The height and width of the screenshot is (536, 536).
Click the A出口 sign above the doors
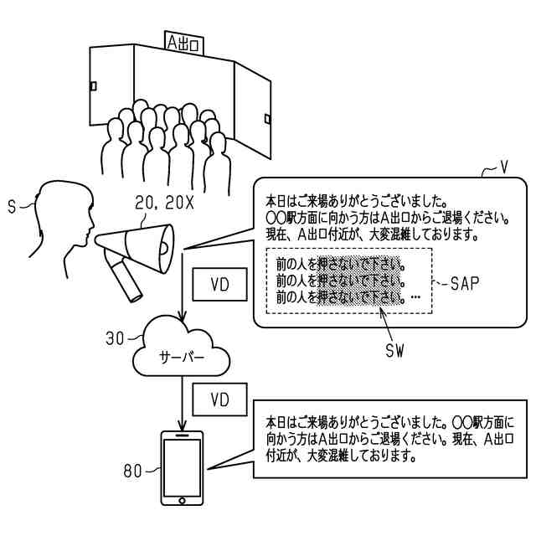pos(184,43)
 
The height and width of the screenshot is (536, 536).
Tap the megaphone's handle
pos(125,281)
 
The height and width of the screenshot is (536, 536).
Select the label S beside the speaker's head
pos(12,207)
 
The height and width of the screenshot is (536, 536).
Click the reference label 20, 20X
pos(164,204)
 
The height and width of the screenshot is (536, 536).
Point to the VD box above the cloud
pos(219,285)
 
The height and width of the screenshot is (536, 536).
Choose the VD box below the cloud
pos(219,399)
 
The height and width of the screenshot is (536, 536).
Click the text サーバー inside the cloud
pos(182,358)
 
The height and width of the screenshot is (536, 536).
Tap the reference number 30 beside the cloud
pos(115,338)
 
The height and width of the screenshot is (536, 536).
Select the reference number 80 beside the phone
pos(132,471)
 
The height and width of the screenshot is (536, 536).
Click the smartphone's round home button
pos(183,501)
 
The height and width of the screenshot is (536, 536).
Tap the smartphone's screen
pos(183,467)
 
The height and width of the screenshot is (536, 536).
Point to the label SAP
pos(464,283)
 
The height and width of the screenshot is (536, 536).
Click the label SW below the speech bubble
pos(394,350)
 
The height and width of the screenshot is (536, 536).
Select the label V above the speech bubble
pos(502,167)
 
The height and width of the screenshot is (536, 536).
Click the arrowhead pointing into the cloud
pos(183,317)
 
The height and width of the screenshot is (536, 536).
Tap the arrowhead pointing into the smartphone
pos(183,426)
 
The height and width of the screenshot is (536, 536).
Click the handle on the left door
pos(93,85)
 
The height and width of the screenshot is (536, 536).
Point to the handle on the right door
pos(268,119)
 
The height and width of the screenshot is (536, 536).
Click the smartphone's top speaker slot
pos(183,435)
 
